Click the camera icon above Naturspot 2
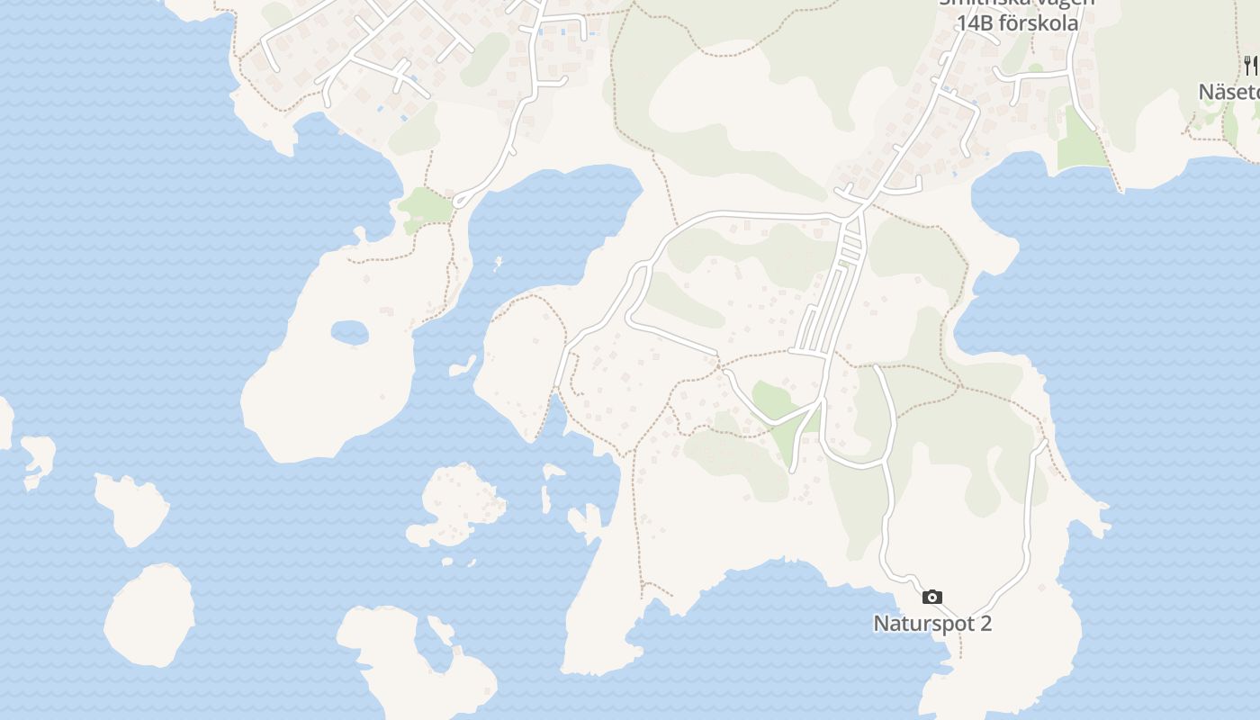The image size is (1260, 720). tap(932, 597)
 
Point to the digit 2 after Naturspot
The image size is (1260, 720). tap(985, 623)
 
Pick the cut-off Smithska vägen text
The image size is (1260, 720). tap(1017, 3)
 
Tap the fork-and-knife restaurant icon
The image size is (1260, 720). tap(1250, 65)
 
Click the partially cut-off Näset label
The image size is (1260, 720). tap(1229, 92)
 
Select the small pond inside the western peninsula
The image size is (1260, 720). tap(349, 333)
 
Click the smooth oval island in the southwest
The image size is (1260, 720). tap(149, 616)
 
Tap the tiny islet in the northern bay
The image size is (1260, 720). tap(497, 264)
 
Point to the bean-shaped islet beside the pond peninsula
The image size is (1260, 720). tap(464, 366)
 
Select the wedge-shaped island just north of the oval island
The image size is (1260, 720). tap(132, 508)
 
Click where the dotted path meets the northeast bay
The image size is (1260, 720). tap(1120, 190)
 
